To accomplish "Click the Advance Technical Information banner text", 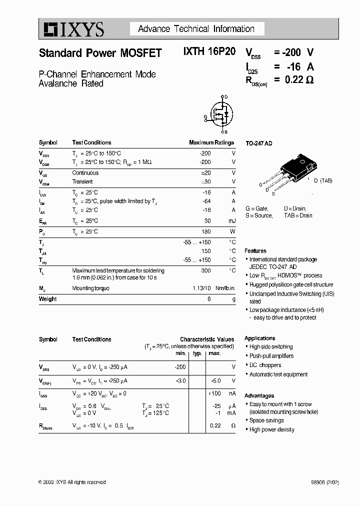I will click(196, 29).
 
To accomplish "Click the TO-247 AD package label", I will click(258, 143).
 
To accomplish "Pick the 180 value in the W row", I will click(206, 232).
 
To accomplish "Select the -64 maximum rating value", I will click(206, 201).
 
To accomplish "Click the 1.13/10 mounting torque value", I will click(202, 288).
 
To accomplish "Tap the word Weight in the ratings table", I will click(48, 299).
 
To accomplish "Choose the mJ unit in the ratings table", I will click(232, 220).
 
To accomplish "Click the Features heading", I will click(255, 251).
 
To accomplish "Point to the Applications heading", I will click(259, 338).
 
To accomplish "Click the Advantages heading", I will click(259, 395).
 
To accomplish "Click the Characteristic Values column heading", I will click(206, 339).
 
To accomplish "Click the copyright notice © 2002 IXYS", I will click(72, 482).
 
